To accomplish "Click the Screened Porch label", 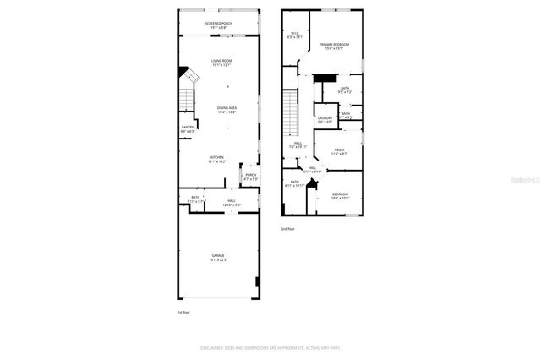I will [219, 25].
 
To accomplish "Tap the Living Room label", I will [221, 63].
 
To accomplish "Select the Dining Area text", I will [227, 110].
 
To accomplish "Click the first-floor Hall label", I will [231, 203].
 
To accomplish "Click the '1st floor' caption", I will [184, 312].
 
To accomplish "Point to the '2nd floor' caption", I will [288, 228].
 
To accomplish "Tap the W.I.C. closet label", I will [293, 35].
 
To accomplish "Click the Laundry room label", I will [325, 120].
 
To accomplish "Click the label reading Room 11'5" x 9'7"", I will [338, 151].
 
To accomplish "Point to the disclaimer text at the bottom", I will [270, 347].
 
